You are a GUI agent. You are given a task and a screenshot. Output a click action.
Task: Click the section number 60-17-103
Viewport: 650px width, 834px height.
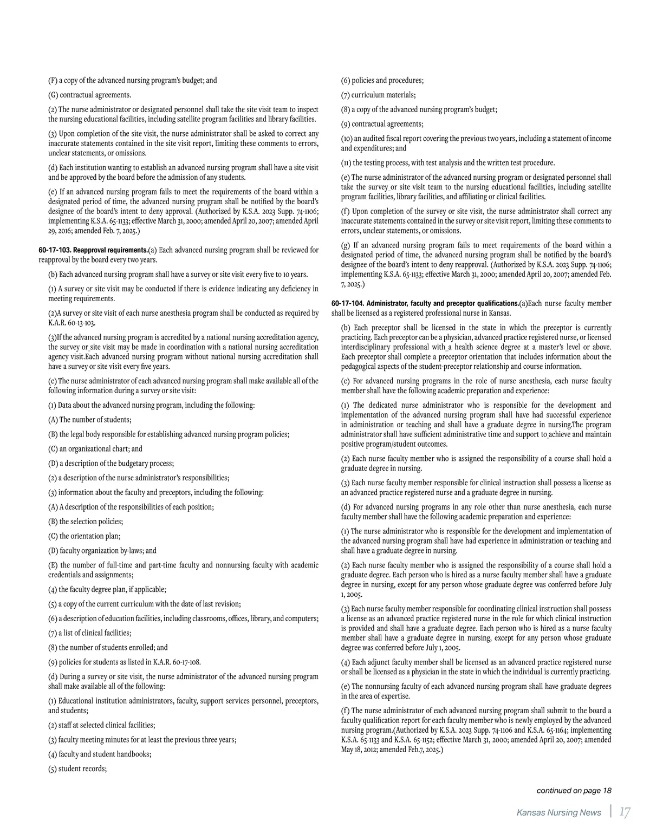(x=55, y=250)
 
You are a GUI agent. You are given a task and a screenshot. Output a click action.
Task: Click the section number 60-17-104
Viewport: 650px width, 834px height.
(x=348, y=303)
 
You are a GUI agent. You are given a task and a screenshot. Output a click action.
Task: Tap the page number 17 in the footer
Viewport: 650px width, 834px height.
(x=625, y=812)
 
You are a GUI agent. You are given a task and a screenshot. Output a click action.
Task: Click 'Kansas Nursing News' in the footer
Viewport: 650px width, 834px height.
(x=558, y=812)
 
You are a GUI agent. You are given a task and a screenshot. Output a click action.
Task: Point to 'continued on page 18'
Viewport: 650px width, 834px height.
(x=574, y=791)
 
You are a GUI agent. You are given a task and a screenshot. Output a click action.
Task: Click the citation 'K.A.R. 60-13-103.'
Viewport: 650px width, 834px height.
(x=71, y=323)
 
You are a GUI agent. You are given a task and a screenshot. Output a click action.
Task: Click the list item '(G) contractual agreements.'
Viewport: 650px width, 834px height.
(x=89, y=95)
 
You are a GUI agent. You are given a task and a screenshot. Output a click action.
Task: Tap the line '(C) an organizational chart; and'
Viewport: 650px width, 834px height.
(x=95, y=449)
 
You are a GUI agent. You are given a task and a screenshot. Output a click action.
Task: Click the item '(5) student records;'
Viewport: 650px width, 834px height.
(x=77, y=768)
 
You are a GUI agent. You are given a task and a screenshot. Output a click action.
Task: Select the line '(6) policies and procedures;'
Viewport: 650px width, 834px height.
(x=382, y=81)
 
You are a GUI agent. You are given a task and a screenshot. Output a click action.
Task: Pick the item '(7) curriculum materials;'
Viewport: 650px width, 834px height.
(x=379, y=95)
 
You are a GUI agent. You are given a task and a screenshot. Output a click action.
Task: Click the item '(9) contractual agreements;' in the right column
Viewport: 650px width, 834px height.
(x=382, y=124)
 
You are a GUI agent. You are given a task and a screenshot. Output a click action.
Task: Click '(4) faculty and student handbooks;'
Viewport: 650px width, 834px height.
(x=100, y=754)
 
